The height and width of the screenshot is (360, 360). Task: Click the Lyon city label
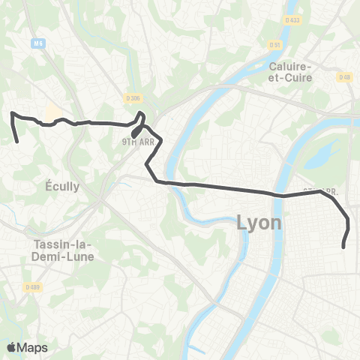pos(259,223)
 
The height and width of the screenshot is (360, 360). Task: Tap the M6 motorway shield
pos(38,44)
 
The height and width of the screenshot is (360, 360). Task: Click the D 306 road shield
pos(133,97)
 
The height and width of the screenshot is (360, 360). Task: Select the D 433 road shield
pos(293,19)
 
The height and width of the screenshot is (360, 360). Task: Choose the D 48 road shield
pos(344,77)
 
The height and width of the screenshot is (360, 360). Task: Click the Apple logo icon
pos(11,347)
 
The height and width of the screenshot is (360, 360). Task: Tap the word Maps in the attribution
pos(32,347)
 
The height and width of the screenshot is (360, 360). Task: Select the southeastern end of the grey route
pos(343,247)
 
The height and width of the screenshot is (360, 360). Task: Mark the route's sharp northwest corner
pos(12,113)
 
